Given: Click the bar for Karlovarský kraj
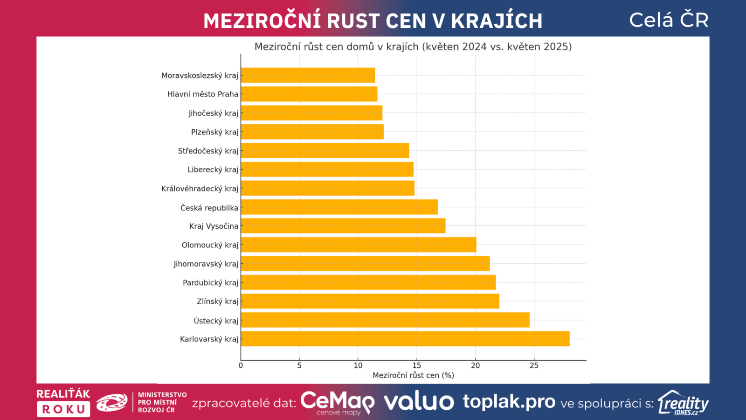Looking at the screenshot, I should pos(405,339).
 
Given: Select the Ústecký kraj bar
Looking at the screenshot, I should pos(385,320).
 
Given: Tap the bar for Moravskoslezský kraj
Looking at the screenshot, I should pos(308,75).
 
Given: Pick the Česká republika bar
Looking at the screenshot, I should pos(339,207).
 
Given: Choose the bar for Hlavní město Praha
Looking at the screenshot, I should pos(309,94).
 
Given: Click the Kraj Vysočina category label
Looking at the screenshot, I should pos(214,226).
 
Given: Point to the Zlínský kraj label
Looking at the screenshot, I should pos(217,301).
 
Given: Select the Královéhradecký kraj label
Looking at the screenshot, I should pos(200,189).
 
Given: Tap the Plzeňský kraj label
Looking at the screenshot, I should pos(214,132).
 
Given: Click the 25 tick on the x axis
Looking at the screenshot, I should pos(534,365).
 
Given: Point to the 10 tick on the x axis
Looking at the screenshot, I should pos(358,365).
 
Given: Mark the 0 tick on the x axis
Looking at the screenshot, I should pos(241,365).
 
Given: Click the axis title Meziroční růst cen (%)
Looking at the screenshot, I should pos(413,375).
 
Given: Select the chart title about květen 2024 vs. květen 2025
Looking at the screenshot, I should pos(413,47).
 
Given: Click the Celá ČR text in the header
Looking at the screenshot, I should pos(669,20).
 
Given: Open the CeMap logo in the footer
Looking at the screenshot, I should pos(338,402).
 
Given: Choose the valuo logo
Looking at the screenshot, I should pos(419,402).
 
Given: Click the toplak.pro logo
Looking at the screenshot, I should pos(509,401).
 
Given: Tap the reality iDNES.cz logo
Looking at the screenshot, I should pos(683,403).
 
